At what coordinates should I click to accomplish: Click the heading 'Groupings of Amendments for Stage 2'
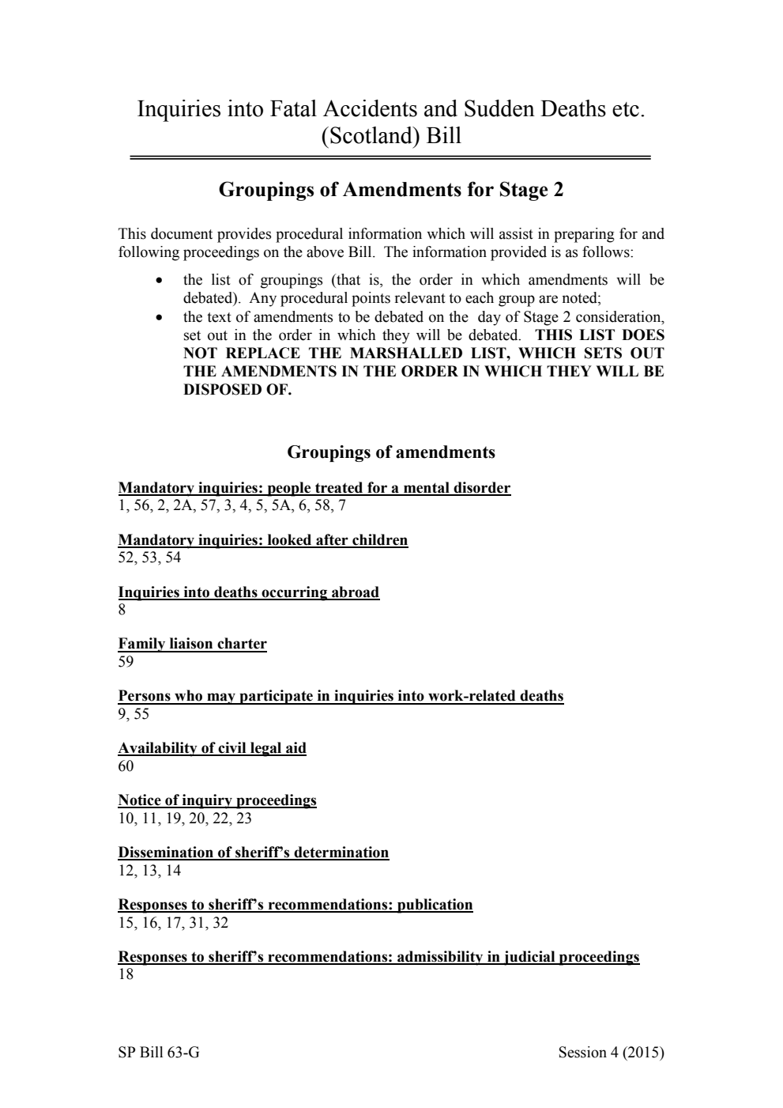tap(390, 190)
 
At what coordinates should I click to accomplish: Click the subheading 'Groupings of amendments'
tap(390, 452)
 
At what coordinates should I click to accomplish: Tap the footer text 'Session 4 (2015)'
tap(611, 1052)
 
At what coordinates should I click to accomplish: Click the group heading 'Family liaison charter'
tap(192, 644)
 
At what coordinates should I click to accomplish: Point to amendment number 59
tap(126, 662)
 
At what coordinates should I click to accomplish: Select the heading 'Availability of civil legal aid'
tap(212, 748)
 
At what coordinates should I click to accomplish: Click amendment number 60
tap(126, 766)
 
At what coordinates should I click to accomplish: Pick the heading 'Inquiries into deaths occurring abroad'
tap(248, 592)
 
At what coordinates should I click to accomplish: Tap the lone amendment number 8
tap(122, 610)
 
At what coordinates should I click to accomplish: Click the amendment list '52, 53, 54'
tap(149, 558)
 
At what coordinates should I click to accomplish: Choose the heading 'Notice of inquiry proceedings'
tap(216, 800)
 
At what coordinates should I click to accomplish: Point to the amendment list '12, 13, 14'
tap(149, 871)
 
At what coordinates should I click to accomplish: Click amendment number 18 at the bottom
tap(126, 975)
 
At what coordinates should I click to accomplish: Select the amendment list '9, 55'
tap(134, 714)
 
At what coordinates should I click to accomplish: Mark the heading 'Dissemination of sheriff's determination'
tap(253, 853)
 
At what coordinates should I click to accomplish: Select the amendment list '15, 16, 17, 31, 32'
tap(173, 923)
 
